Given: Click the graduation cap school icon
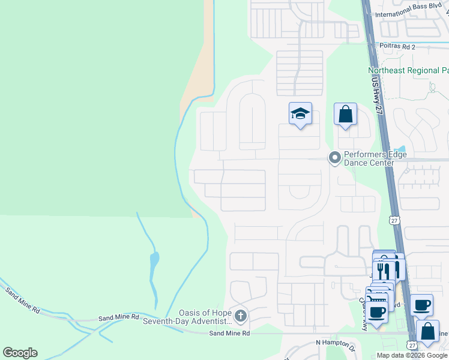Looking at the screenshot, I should (x=300, y=113).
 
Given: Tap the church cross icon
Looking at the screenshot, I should (x=240, y=316).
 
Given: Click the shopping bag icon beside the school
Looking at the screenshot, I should (x=346, y=114).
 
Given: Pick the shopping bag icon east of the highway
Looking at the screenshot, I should (x=427, y=332).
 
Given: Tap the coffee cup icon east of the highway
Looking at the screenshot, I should (x=421, y=304).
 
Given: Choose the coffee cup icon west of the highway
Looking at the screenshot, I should (x=378, y=313).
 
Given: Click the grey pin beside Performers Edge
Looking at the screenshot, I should (x=334, y=158).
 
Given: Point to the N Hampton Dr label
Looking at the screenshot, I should (x=336, y=343).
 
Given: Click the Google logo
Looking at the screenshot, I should (x=20, y=353).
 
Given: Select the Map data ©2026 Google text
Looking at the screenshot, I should (x=412, y=355).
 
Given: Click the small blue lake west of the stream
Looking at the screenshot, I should (x=154, y=261).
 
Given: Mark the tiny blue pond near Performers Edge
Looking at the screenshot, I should (x=402, y=148).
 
